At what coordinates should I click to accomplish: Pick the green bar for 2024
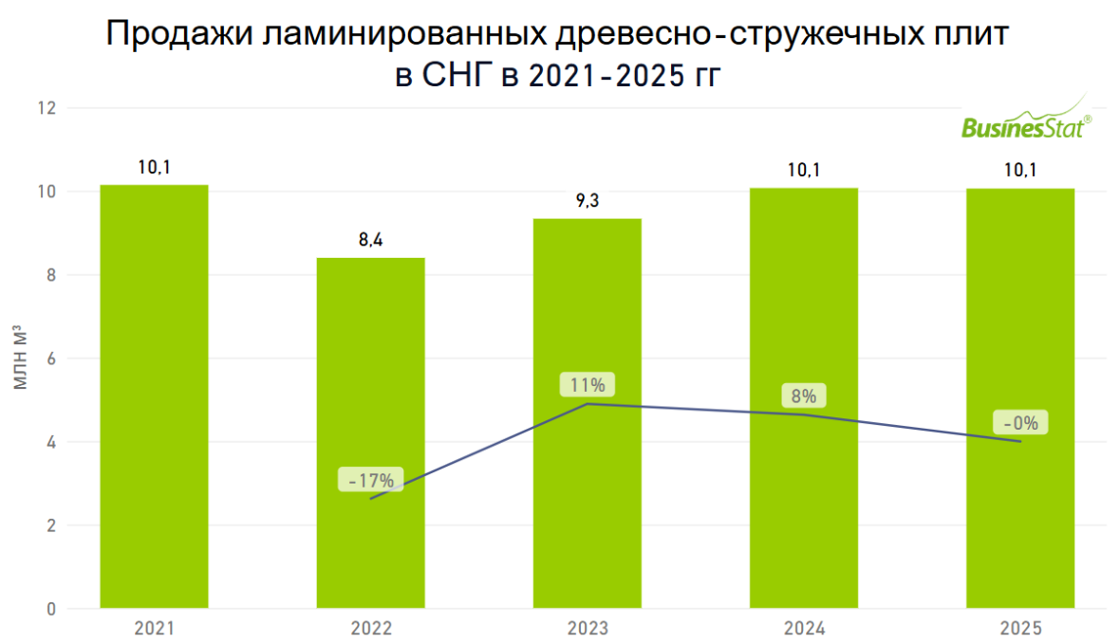point(804,398)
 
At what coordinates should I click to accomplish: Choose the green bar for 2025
point(1020,398)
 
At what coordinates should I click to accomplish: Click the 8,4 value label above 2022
point(370,240)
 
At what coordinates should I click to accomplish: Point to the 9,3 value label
point(587,201)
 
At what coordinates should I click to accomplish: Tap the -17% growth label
point(370,480)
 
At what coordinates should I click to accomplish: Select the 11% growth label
point(588,385)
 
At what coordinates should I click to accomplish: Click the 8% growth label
point(804,396)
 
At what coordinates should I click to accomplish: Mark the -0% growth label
point(1021,423)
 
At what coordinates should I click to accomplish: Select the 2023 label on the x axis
point(587,629)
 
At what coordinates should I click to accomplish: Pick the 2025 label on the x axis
point(1020,629)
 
